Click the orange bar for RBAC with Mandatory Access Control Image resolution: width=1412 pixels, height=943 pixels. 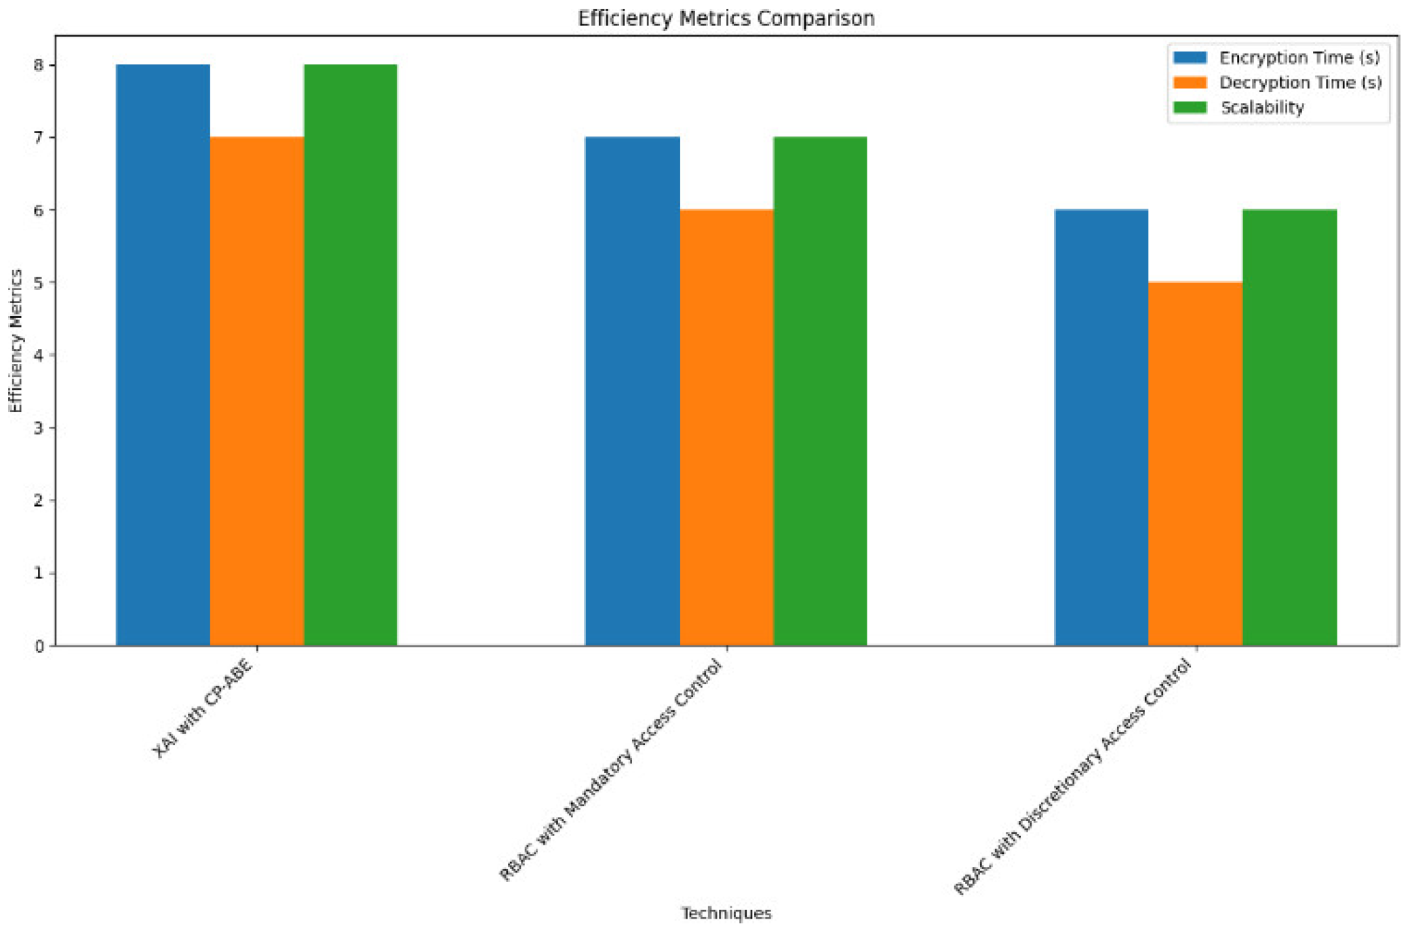pos(726,427)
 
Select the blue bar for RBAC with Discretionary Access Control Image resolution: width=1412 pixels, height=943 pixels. pos(1101,427)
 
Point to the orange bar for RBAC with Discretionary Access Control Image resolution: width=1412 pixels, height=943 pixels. pos(1196,464)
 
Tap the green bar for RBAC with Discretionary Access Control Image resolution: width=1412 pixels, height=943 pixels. pos(1289,427)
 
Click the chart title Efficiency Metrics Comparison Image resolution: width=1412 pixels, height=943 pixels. pos(726,18)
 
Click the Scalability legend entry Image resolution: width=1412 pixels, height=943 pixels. pos(1262,108)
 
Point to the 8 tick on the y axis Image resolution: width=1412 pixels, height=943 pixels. pos(39,65)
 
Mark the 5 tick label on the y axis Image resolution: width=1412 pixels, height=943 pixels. pos(39,283)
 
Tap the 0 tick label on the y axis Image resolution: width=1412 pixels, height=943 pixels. pos(39,646)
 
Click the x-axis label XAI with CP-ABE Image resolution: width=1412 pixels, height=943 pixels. pos(203,708)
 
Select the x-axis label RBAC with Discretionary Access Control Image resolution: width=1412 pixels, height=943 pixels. pos(1072,777)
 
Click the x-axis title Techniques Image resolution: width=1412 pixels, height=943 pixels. pos(726,913)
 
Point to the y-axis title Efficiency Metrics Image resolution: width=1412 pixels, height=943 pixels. pos(16,340)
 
